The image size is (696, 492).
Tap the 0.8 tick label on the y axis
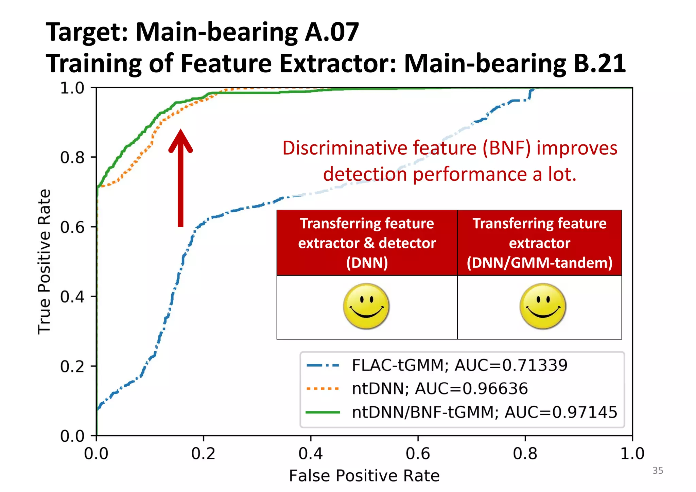72,158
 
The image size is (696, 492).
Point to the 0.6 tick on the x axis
418,454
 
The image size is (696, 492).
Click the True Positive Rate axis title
44,262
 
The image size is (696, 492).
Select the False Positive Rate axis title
364,476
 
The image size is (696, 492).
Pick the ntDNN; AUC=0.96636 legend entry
439,389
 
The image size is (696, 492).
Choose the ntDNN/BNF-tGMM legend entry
484,412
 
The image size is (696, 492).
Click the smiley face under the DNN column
366,306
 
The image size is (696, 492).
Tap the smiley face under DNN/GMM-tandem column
543,306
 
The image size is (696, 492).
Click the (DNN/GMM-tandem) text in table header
539,263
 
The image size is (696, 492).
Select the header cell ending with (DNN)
367,243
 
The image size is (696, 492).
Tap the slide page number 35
658,471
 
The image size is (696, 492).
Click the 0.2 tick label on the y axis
72,367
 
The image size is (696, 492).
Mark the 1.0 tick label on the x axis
632,454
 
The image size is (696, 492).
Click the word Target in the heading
86,32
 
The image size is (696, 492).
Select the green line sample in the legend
323,412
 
